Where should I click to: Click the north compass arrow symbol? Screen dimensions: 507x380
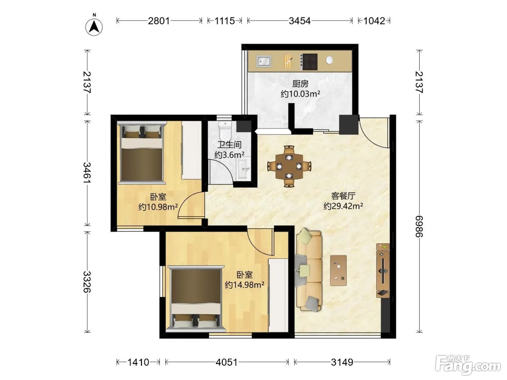point(94,25)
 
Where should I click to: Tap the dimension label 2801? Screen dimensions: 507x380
point(159,21)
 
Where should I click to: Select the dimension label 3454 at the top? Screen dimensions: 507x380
point(299,21)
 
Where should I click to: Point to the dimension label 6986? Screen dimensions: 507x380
point(419,226)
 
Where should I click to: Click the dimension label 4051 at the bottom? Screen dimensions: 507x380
point(226,363)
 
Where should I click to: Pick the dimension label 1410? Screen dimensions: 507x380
point(138,363)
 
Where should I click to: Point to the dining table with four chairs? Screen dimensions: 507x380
point(289,166)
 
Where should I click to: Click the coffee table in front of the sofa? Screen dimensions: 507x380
point(338,270)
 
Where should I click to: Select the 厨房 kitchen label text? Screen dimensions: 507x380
point(300,84)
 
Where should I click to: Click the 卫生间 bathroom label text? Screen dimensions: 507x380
point(229,145)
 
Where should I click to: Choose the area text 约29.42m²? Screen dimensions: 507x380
point(343,206)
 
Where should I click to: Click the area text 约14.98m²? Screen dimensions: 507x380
point(244,285)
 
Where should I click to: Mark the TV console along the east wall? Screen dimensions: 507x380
point(383,270)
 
